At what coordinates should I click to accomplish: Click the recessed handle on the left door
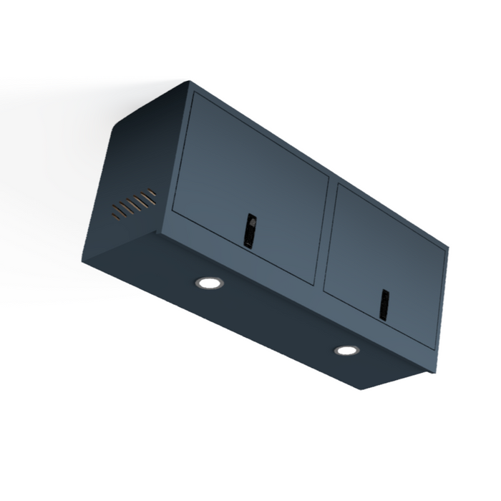pos(250,230)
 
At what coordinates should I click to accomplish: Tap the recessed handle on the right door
pos(384,305)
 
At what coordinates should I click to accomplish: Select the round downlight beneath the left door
pos(209,283)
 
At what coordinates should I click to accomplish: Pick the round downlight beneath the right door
pos(346,350)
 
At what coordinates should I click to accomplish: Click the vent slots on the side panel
pos(134,203)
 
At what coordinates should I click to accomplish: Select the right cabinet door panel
pos(386,258)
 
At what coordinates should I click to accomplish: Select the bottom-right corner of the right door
pos(434,349)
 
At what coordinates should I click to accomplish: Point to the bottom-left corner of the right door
pos(325,290)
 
